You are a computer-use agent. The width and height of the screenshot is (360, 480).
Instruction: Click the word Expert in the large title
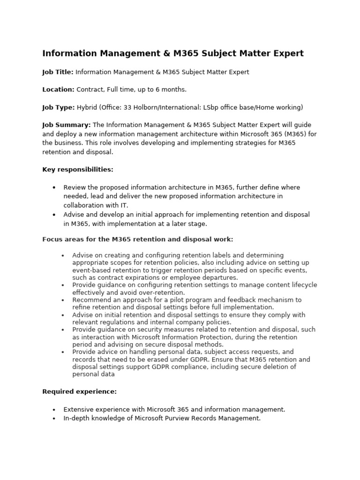click(286, 53)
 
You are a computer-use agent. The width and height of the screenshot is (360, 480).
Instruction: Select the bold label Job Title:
click(58, 72)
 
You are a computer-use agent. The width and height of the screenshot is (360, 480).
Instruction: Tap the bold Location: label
click(58, 90)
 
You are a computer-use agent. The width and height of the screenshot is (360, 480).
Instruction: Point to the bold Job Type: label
click(58, 107)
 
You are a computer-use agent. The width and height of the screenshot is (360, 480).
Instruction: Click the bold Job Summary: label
click(67, 125)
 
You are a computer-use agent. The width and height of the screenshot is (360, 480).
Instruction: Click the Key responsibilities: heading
click(78, 169)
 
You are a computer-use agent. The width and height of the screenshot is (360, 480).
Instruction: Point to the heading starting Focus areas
click(137, 240)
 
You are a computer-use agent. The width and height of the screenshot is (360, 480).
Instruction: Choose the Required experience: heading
click(79, 391)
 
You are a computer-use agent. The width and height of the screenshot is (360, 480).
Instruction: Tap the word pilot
click(182, 300)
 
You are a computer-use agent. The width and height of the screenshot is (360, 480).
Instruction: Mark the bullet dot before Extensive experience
click(54, 410)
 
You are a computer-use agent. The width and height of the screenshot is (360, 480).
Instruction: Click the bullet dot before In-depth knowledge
click(54, 419)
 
